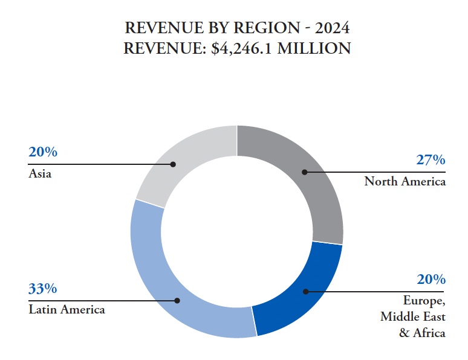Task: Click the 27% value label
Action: pos(431,160)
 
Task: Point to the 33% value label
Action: pos(43,289)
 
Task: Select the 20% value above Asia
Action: pos(43,152)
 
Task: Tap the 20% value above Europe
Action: pos(431,280)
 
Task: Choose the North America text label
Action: pos(405,181)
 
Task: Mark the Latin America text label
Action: pos(67,310)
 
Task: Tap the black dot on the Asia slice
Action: pos(173,164)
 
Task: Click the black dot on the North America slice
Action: pos(305,172)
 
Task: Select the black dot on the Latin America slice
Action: pos(177,300)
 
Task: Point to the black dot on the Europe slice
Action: pos(306,291)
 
